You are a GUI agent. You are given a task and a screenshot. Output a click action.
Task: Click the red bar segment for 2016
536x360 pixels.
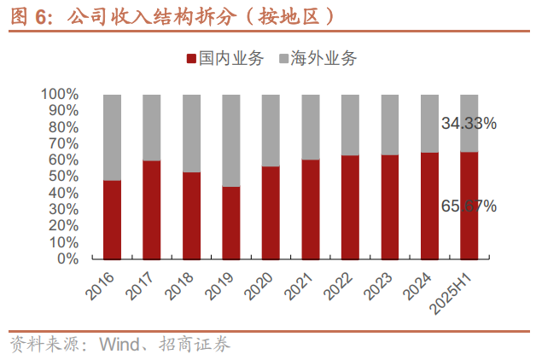pos(112,219)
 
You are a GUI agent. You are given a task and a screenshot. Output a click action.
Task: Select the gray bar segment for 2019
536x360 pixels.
pos(231,140)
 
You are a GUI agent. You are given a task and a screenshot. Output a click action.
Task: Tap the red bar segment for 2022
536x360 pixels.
pos(350,206)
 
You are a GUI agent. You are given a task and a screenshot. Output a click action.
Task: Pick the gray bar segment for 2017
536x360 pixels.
pos(152,127)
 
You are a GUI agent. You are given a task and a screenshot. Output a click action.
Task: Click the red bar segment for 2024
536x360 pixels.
pos(429,206)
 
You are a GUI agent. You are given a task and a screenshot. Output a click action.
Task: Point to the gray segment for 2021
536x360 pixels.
pos(311,126)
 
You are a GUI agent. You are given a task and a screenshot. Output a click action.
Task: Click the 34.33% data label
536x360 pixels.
pos(469,124)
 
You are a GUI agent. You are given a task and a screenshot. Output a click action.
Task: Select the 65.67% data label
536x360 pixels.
pos(469,206)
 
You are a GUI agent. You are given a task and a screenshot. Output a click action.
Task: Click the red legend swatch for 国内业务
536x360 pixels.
pos(190,60)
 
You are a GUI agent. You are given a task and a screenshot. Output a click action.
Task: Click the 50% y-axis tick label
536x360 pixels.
pos(64,176)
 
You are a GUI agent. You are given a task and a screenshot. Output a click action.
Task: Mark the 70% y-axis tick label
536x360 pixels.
pos(64,143)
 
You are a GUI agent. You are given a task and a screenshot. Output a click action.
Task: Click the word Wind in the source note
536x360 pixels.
pos(118,345)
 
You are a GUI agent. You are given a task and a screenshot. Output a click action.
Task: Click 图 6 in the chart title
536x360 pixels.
pos(25,16)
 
